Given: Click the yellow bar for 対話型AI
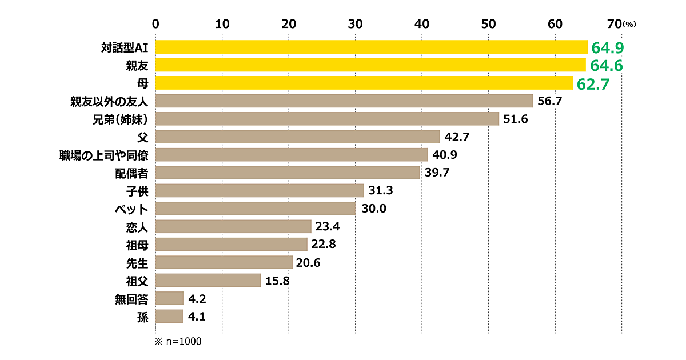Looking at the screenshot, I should click(x=371, y=47).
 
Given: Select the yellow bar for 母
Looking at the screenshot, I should click(x=364, y=83).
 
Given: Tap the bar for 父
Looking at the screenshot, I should click(x=297, y=137).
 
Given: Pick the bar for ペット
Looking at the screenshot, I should click(x=255, y=209).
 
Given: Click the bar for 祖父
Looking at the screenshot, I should click(x=208, y=280).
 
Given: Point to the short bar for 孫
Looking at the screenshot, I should click(x=169, y=316).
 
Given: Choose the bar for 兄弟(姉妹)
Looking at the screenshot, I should click(x=326, y=119).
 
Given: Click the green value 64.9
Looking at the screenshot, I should click(x=607, y=47).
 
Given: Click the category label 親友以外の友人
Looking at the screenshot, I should click(x=108, y=102).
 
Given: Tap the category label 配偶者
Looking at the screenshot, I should click(x=132, y=173).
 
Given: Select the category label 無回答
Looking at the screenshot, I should click(x=132, y=298).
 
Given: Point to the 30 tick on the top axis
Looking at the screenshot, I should click(x=355, y=23).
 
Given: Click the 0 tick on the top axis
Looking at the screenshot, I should click(x=155, y=23).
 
